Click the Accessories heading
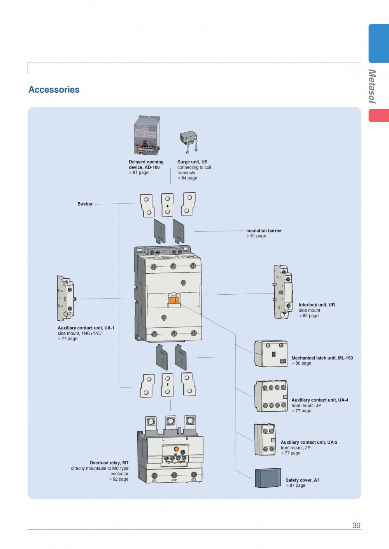pyautogui.click(x=54, y=90)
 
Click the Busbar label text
pyautogui.click(x=85, y=204)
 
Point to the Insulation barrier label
pyautogui.click(x=264, y=231)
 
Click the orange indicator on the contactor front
pyautogui.click(x=173, y=299)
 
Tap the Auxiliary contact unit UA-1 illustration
pyautogui.click(x=65, y=298)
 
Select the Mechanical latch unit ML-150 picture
pyautogui.click(x=271, y=354)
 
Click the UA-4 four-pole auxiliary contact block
pyautogui.click(x=271, y=396)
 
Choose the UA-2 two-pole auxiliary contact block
pyautogui.click(x=265, y=440)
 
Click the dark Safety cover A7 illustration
pyautogui.click(x=268, y=478)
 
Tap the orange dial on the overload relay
pyautogui.click(x=176, y=449)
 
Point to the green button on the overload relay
pyautogui.click(x=183, y=453)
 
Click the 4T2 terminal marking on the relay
pyautogui.click(x=174, y=480)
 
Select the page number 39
pyautogui.click(x=356, y=525)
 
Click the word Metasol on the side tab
pyautogui.click(x=372, y=86)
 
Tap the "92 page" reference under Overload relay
pyautogui.click(x=120, y=479)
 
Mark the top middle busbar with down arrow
pyautogui.click(x=167, y=205)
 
